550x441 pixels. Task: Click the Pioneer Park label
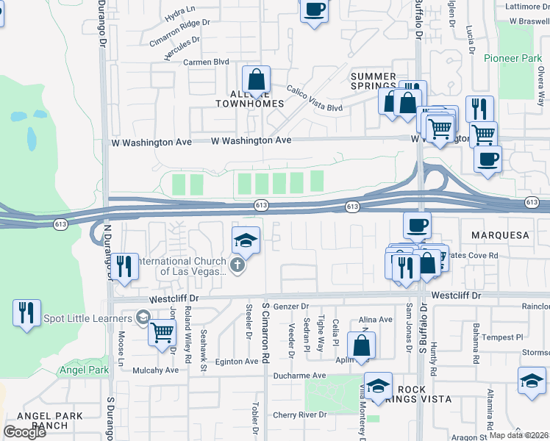[x=512, y=58]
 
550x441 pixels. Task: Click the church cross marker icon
[x=237, y=265]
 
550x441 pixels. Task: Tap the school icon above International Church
[x=246, y=240]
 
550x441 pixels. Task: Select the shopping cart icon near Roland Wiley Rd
[x=162, y=331]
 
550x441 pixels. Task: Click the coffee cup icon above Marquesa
[x=417, y=225]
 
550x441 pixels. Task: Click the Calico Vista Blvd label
[x=315, y=97]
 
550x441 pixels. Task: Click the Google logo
[x=24, y=432]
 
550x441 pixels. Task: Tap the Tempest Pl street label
[x=501, y=337]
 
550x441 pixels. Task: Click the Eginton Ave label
[x=236, y=362]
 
